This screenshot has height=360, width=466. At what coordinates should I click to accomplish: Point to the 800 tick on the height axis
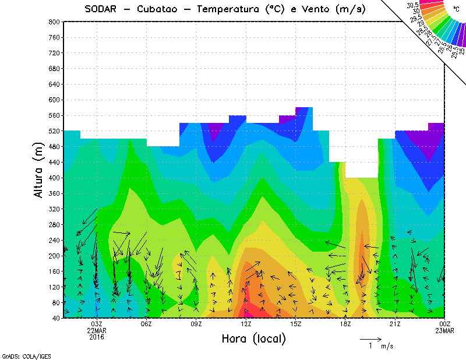[53, 22]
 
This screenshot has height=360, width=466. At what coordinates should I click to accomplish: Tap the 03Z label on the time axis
[97, 324]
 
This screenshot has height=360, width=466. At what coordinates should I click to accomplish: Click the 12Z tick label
[246, 324]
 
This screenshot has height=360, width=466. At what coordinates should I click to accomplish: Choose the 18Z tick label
[345, 324]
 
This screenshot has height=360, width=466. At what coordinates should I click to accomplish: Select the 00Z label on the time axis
[444, 324]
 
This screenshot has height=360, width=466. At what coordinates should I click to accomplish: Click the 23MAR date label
[444, 330]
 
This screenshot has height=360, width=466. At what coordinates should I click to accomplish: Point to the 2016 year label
[97, 337]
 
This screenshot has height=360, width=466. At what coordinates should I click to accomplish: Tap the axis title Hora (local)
[253, 339]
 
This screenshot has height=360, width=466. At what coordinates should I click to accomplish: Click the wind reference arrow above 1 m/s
[370, 338]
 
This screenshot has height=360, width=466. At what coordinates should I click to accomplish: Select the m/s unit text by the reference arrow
[387, 346]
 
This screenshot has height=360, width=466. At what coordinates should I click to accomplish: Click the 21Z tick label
[395, 324]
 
